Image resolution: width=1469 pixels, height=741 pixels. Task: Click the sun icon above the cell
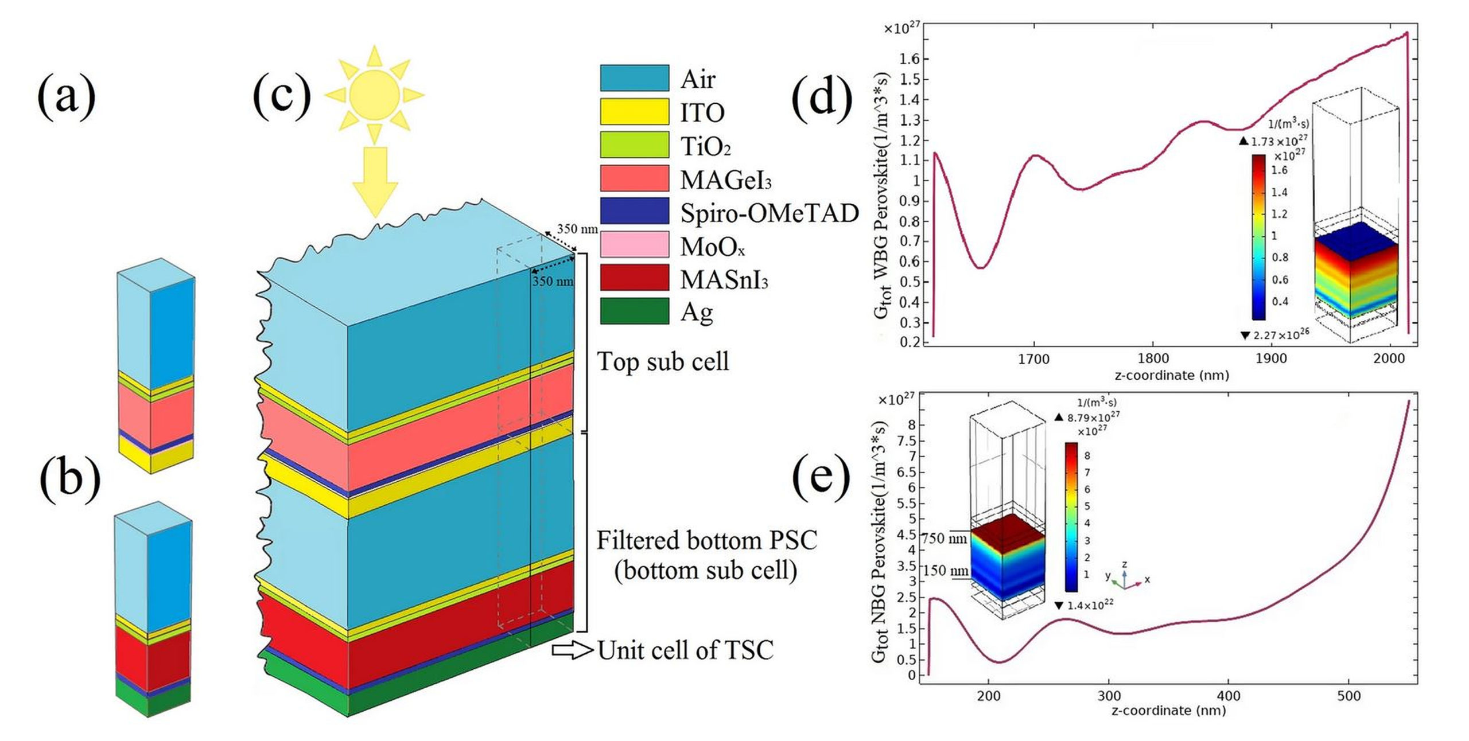click(374, 95)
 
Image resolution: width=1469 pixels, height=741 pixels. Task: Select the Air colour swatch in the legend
click(634, 78)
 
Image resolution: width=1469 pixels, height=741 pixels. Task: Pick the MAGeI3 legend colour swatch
click(634, 178)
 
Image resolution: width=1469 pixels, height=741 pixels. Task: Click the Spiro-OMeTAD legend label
click(769, 213)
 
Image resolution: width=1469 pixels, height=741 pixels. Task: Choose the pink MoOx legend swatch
click(634, 244)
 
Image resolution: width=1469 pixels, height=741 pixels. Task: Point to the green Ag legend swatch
click(634, 311)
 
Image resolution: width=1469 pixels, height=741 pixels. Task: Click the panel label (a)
click(67, 96)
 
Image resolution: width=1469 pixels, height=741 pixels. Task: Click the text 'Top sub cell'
click(663, 362)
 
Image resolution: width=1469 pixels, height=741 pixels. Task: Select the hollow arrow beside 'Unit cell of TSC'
click(572, 650)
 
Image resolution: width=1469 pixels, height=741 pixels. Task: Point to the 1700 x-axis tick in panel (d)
click(1033, 360)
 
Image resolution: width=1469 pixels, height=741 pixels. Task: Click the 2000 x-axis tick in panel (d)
click(1389, 360)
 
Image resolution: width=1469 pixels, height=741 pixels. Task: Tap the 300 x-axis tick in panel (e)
click(1109, 696)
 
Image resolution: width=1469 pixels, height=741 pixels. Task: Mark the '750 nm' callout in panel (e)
click(945, 539)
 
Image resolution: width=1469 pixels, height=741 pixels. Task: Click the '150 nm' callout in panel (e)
click(946, 571)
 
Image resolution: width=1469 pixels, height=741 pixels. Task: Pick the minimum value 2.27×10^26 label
click(1280, 335)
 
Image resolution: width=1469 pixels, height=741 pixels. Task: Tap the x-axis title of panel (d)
click(1171, 376)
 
